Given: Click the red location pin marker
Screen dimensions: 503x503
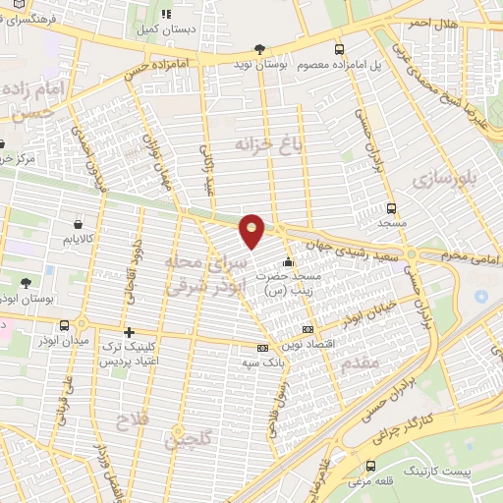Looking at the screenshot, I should tap(252, 229).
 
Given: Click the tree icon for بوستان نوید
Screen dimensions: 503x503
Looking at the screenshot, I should tap(259, 48).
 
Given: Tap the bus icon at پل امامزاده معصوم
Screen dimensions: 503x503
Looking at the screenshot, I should tap(339, 49).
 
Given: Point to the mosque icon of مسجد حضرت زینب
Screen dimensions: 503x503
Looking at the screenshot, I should tap(288, 262).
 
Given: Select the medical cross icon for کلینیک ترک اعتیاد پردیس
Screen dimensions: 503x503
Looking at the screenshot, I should tap(129, 332).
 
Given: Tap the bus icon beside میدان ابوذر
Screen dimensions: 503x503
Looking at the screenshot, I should tap(65, 325).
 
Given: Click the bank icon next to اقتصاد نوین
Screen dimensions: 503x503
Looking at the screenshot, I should tap(308, 329).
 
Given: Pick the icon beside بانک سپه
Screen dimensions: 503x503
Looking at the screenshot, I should tap(261, 348).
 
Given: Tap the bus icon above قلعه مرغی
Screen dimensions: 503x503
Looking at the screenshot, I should tap(370, 467).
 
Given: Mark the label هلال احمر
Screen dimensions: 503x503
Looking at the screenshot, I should tap(433, 23).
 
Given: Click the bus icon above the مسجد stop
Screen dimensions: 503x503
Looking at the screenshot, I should tap(391, 209).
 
